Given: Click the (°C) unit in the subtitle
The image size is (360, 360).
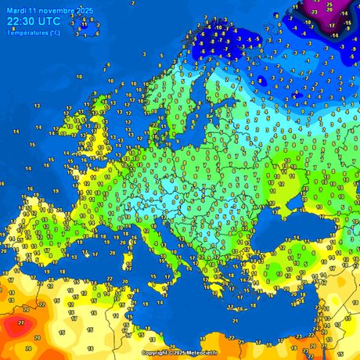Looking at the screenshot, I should click(54, 32).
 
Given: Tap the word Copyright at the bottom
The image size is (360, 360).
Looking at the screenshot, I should click(155, 353).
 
